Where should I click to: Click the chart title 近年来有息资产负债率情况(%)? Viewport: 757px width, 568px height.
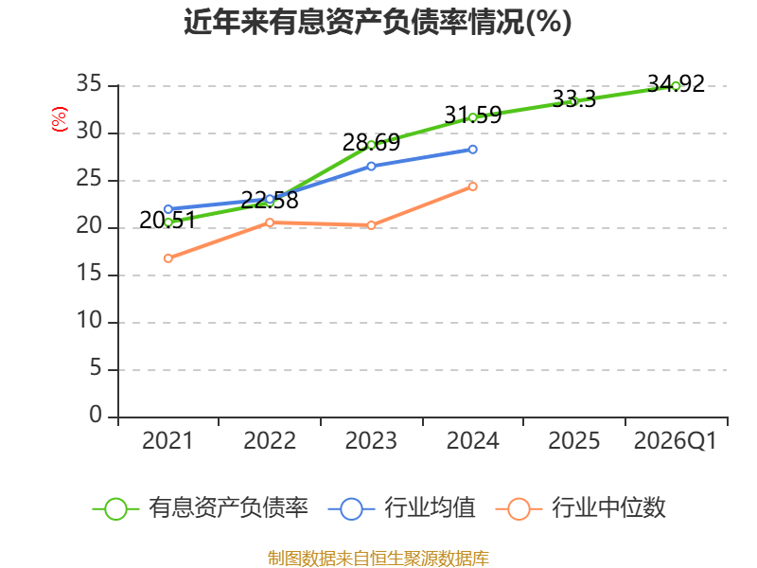[378, 22]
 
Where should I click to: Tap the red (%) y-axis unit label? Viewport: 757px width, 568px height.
[59, 119]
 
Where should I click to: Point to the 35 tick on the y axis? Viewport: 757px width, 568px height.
[89, 84]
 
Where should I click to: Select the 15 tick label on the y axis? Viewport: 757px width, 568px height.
[89, 274]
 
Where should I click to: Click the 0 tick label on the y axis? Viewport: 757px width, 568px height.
[96, 415]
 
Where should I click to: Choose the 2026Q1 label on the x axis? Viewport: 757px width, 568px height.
[676, 440]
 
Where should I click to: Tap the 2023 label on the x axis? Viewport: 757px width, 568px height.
[371, 440]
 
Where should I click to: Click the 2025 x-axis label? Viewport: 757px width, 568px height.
[574, 440]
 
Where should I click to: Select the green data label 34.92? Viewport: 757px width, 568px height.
[676, 84]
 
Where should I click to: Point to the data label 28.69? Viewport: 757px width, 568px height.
[371, 143]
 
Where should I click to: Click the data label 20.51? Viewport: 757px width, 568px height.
[167, 221]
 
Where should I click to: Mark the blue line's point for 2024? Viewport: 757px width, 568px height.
[472, 150]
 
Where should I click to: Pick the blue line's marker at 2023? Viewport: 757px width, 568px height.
[371, 167]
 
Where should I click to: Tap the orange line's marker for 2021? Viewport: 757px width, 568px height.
[168, 258]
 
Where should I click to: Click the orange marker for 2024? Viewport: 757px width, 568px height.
[472, 186]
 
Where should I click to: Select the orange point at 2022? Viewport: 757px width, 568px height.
[270, 222]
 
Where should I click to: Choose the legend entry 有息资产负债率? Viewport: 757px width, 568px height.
[200, 508]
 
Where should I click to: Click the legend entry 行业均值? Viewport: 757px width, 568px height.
[401, 508]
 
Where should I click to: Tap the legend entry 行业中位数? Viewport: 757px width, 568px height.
[580, 508]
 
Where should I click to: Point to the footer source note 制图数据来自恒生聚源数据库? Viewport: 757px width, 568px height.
[378, 559]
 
